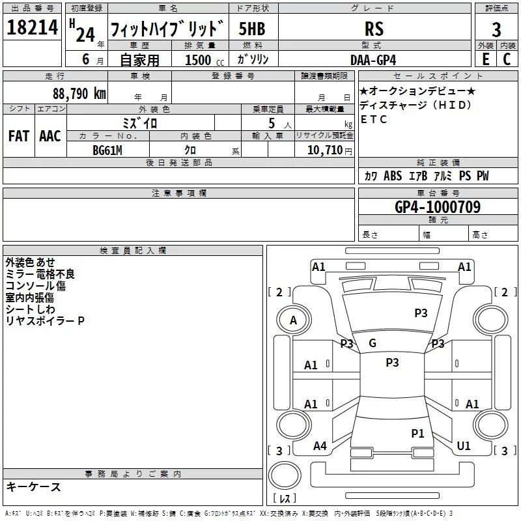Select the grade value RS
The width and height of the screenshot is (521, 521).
[374, 29]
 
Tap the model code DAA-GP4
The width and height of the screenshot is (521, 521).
[373, 59]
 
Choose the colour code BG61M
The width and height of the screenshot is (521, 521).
[107, 150]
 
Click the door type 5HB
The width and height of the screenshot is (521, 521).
[252, 29]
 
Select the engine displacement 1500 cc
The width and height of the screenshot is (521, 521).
[198, 60]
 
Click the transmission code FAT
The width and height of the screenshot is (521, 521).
[19, 136]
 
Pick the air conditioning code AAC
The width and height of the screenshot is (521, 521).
[49, 136]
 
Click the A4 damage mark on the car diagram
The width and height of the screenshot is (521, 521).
[320, 446]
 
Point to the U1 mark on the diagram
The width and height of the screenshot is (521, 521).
[464, 446]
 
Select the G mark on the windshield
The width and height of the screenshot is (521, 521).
[373, 343]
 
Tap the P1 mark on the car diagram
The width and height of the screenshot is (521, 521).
[417, 432]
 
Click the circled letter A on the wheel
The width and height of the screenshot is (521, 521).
[293, 320]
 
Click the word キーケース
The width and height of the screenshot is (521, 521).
[33, 486]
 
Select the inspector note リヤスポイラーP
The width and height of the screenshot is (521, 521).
[45, 321]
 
